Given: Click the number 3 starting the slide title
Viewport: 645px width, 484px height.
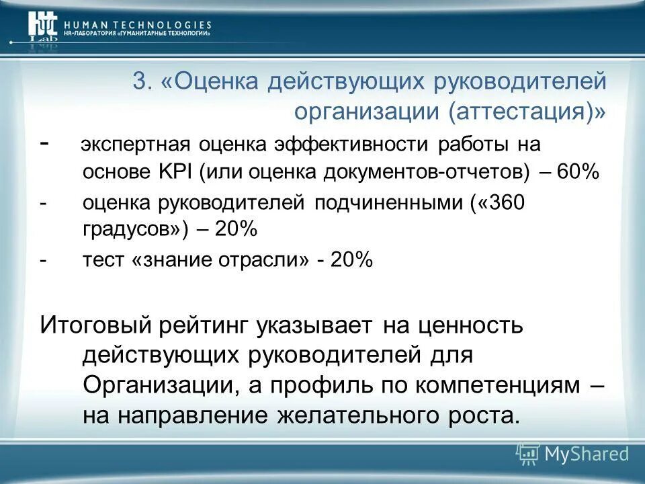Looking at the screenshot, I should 140,83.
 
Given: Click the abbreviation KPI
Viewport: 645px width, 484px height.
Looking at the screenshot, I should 177,171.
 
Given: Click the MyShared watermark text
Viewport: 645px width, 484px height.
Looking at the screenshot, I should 587,454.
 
